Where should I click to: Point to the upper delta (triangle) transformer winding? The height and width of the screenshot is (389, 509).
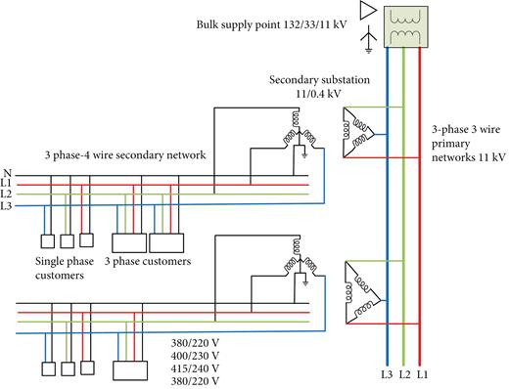(x=361, y=131)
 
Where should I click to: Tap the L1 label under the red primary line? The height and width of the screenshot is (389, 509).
(x=423, y=372)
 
